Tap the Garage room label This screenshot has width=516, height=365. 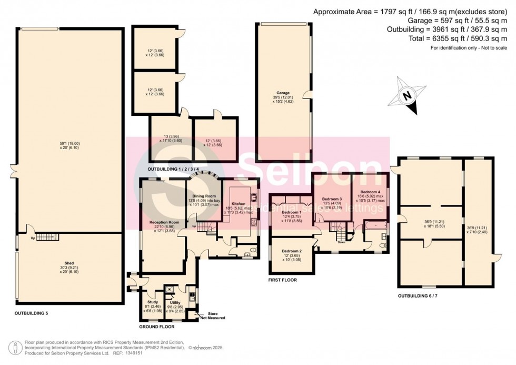[x=284, y=93]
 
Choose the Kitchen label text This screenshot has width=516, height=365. [x=238, y=203]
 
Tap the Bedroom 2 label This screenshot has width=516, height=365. [x=292, y=251]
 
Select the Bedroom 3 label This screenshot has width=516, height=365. [x=332, y=199]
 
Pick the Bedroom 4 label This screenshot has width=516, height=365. [x=370, y=192]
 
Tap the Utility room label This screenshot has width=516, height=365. [x=175, y=302]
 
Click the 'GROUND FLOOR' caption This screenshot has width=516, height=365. [x=157, y=327]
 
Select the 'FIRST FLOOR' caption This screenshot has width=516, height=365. [x=282, y=280]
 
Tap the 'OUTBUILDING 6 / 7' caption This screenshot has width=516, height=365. [x=425, y=297]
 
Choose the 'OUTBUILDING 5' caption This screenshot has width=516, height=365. [x=31, y=313]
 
